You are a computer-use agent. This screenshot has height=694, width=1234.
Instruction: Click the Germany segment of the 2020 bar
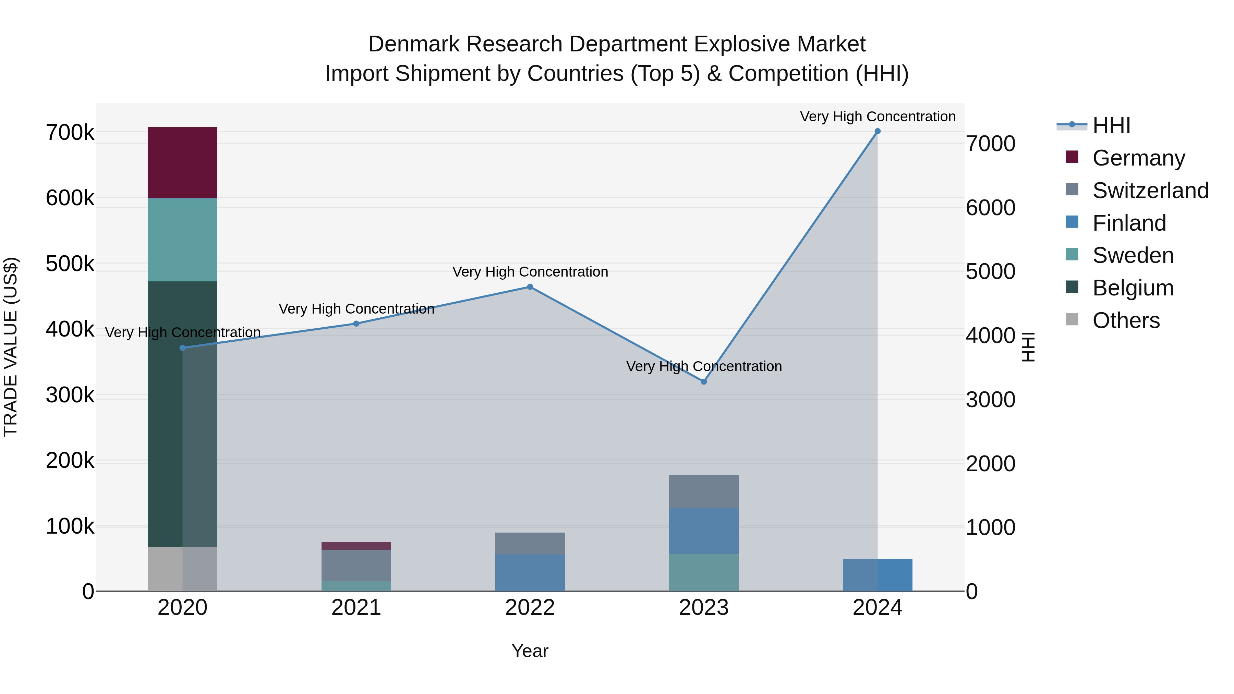[x=182, y=162]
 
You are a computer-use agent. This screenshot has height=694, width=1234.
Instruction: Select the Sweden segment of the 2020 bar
[x=182, y=240]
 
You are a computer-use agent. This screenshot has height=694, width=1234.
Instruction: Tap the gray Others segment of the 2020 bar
[x=182, y=569]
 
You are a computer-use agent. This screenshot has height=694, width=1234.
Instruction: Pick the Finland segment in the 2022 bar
[x=530, y=572]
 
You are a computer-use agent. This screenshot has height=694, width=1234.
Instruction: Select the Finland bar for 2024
[x=877, y=575]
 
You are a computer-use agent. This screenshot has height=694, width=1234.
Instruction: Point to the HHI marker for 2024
[x=877, y=131]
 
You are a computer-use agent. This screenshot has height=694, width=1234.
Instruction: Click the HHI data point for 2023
[x=703, y=382]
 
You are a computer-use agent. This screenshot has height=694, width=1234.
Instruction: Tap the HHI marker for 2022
[x=530, y=287]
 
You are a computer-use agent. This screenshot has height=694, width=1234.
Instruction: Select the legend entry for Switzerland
[x=1150, y=191]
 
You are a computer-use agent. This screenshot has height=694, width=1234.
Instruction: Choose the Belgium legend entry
[x=1133, y=288]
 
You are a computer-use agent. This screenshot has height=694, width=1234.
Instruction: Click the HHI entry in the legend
[x=1111, y=125]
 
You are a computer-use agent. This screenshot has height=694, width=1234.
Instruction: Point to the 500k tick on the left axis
[x=70, y=264]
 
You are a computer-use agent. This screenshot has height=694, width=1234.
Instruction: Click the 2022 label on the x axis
[x=530, y=608]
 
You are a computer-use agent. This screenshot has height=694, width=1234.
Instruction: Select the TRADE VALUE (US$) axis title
[x=11, y=347]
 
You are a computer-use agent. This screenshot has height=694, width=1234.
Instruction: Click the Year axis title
[x=530, y=651]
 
